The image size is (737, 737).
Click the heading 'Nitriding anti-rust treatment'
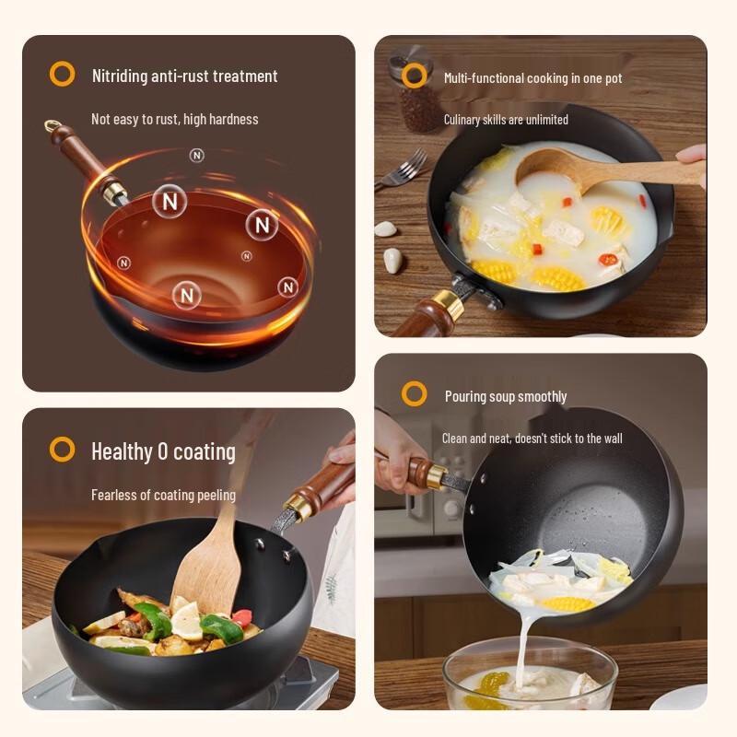point(184,76)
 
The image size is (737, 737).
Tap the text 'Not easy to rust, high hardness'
point(174,119)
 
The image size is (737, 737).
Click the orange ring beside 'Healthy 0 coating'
point(62,450)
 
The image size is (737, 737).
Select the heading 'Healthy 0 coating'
point(163,451)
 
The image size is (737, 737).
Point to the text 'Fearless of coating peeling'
point(163,495)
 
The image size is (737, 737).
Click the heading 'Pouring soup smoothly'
point(506,396)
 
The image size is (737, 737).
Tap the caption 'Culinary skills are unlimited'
point(506,120)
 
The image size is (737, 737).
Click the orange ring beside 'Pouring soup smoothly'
point(415,394)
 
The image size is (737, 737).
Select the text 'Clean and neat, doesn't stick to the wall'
point(532,439)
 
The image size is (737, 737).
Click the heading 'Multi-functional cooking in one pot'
point(532,78)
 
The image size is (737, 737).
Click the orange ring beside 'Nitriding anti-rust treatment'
point(62,74)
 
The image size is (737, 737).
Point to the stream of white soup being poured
point(522,645)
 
